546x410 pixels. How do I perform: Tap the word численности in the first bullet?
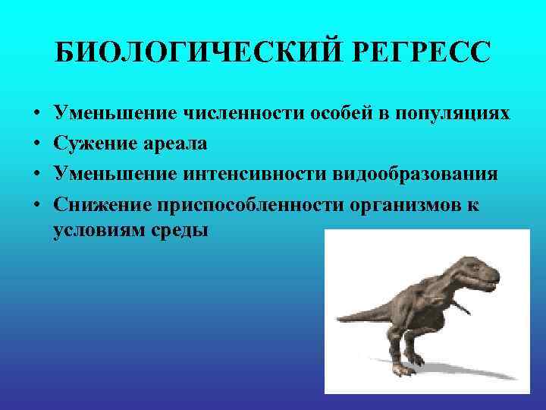click(244, 114)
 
